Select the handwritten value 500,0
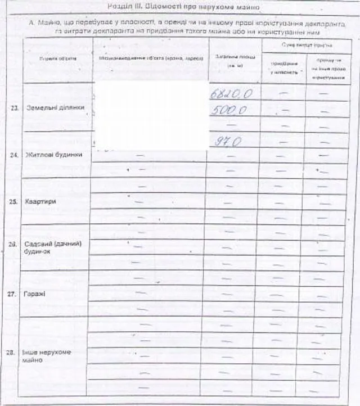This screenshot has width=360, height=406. click(229, 111)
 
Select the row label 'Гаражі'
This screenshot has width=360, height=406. click(35, 294)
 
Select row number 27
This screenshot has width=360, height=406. click(13, 294)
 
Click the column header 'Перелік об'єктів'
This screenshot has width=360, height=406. click(55, 59)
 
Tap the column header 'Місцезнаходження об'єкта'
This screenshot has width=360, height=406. click(150, 59)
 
